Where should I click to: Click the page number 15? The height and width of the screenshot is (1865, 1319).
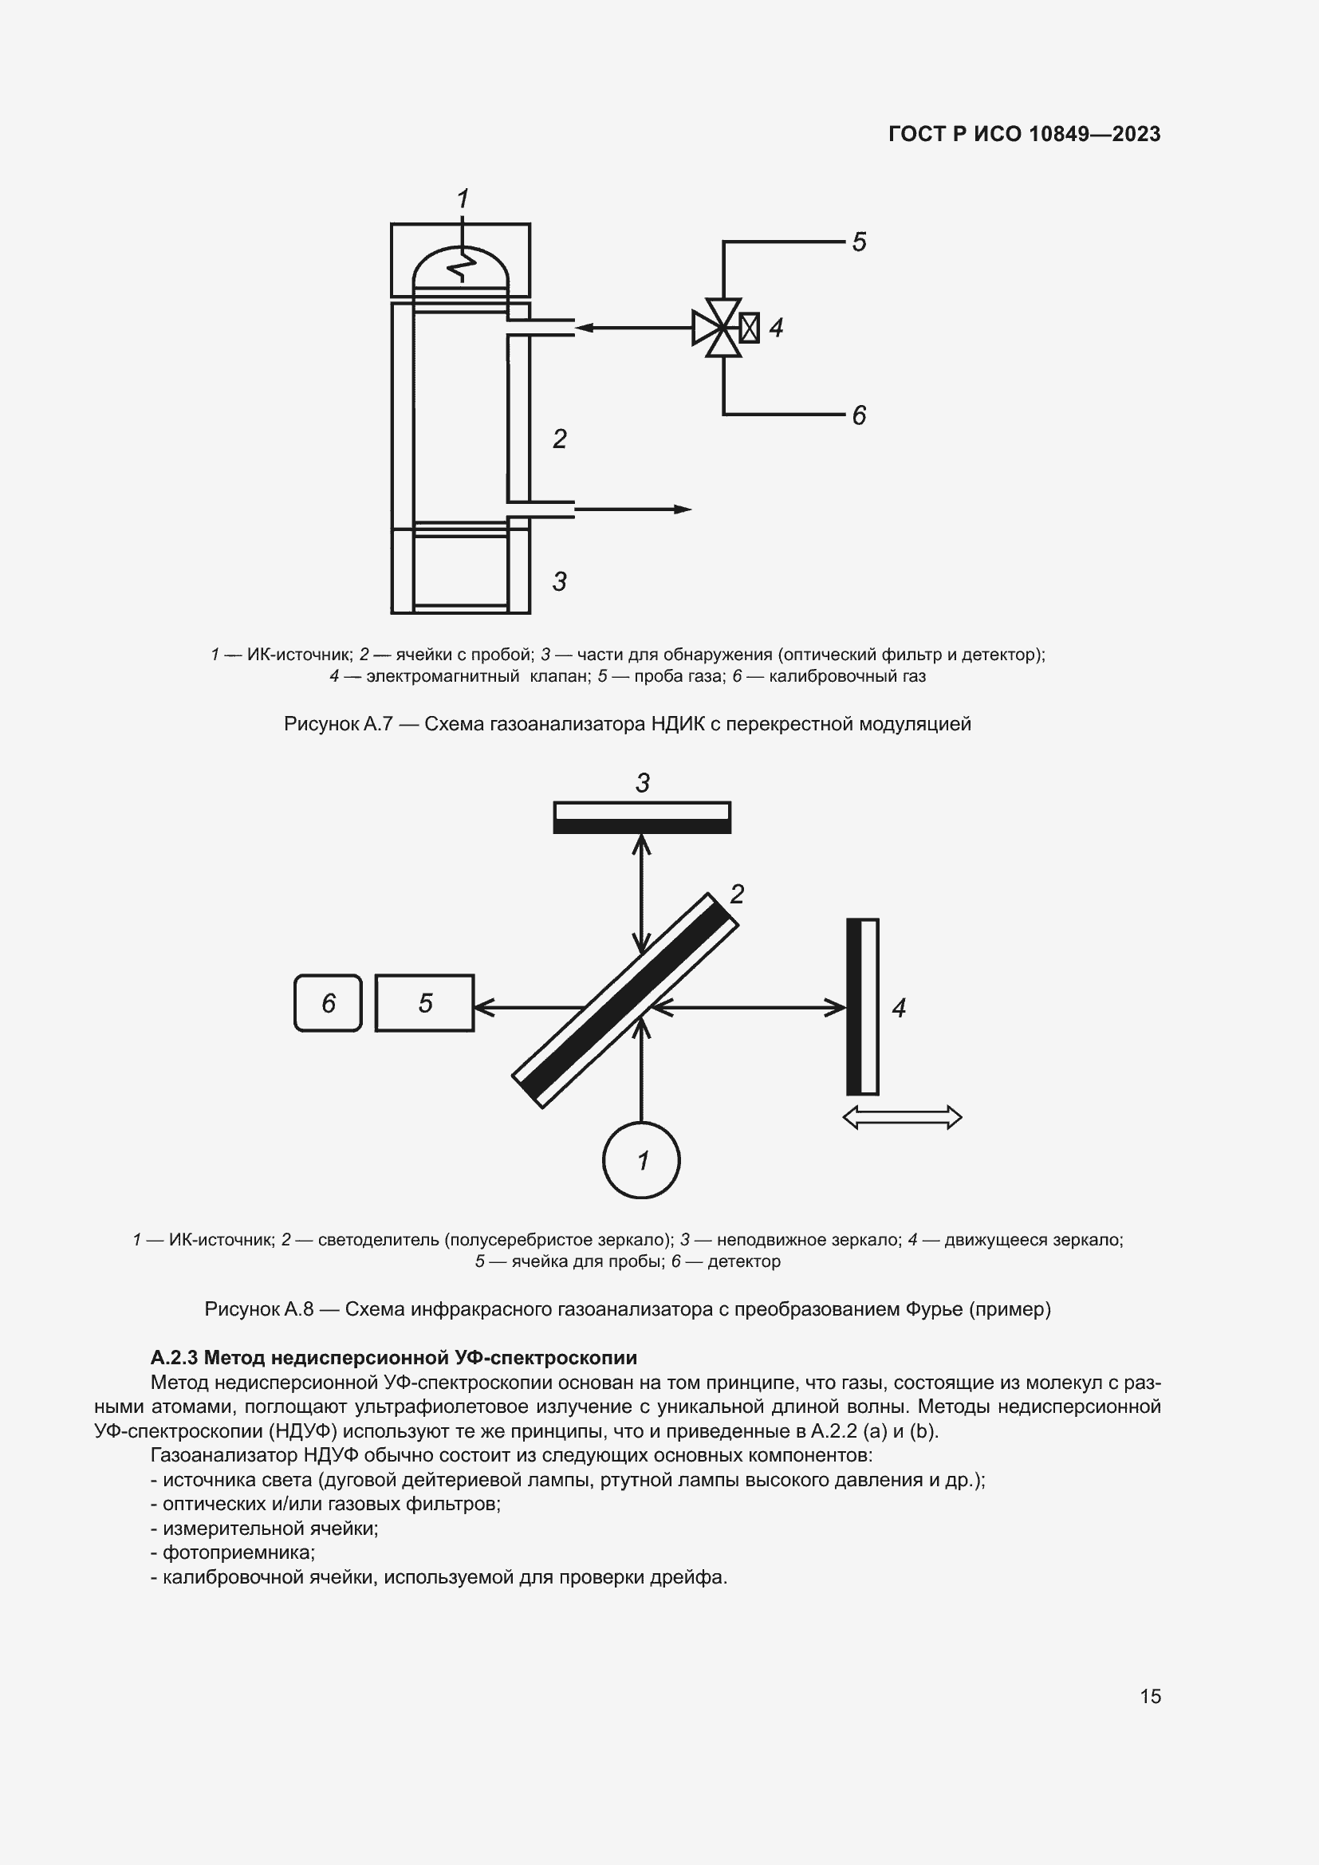point(1150,1696)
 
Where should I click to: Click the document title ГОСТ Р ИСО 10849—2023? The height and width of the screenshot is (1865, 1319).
point(1024,134)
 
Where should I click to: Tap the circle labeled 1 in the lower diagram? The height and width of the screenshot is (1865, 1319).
point(642,1160)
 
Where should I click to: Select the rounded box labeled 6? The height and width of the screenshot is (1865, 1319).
point(328,1003)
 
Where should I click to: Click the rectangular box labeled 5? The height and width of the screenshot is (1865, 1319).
point(425,1003)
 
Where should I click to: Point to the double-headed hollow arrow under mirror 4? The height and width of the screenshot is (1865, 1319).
point(903,1118)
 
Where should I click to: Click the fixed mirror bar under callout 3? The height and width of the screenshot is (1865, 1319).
point(642,817)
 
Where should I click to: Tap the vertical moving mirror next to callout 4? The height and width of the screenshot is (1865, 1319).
point(863,1007)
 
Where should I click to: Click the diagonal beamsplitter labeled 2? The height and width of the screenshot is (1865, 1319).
point(625,1001)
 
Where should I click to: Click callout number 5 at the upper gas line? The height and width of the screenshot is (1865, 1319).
point(860,242)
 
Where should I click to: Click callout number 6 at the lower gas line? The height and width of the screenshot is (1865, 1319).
point(860,416)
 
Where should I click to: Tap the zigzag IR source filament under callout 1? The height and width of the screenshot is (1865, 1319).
point(463,265)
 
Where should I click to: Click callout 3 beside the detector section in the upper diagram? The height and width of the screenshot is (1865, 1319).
point(560,581)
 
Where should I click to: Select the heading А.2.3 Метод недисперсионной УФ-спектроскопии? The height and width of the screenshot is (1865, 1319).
point(394,1357)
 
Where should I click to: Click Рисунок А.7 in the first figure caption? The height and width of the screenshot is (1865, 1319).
point(338,724)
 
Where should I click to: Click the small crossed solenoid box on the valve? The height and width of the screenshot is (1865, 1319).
point(750,329)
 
